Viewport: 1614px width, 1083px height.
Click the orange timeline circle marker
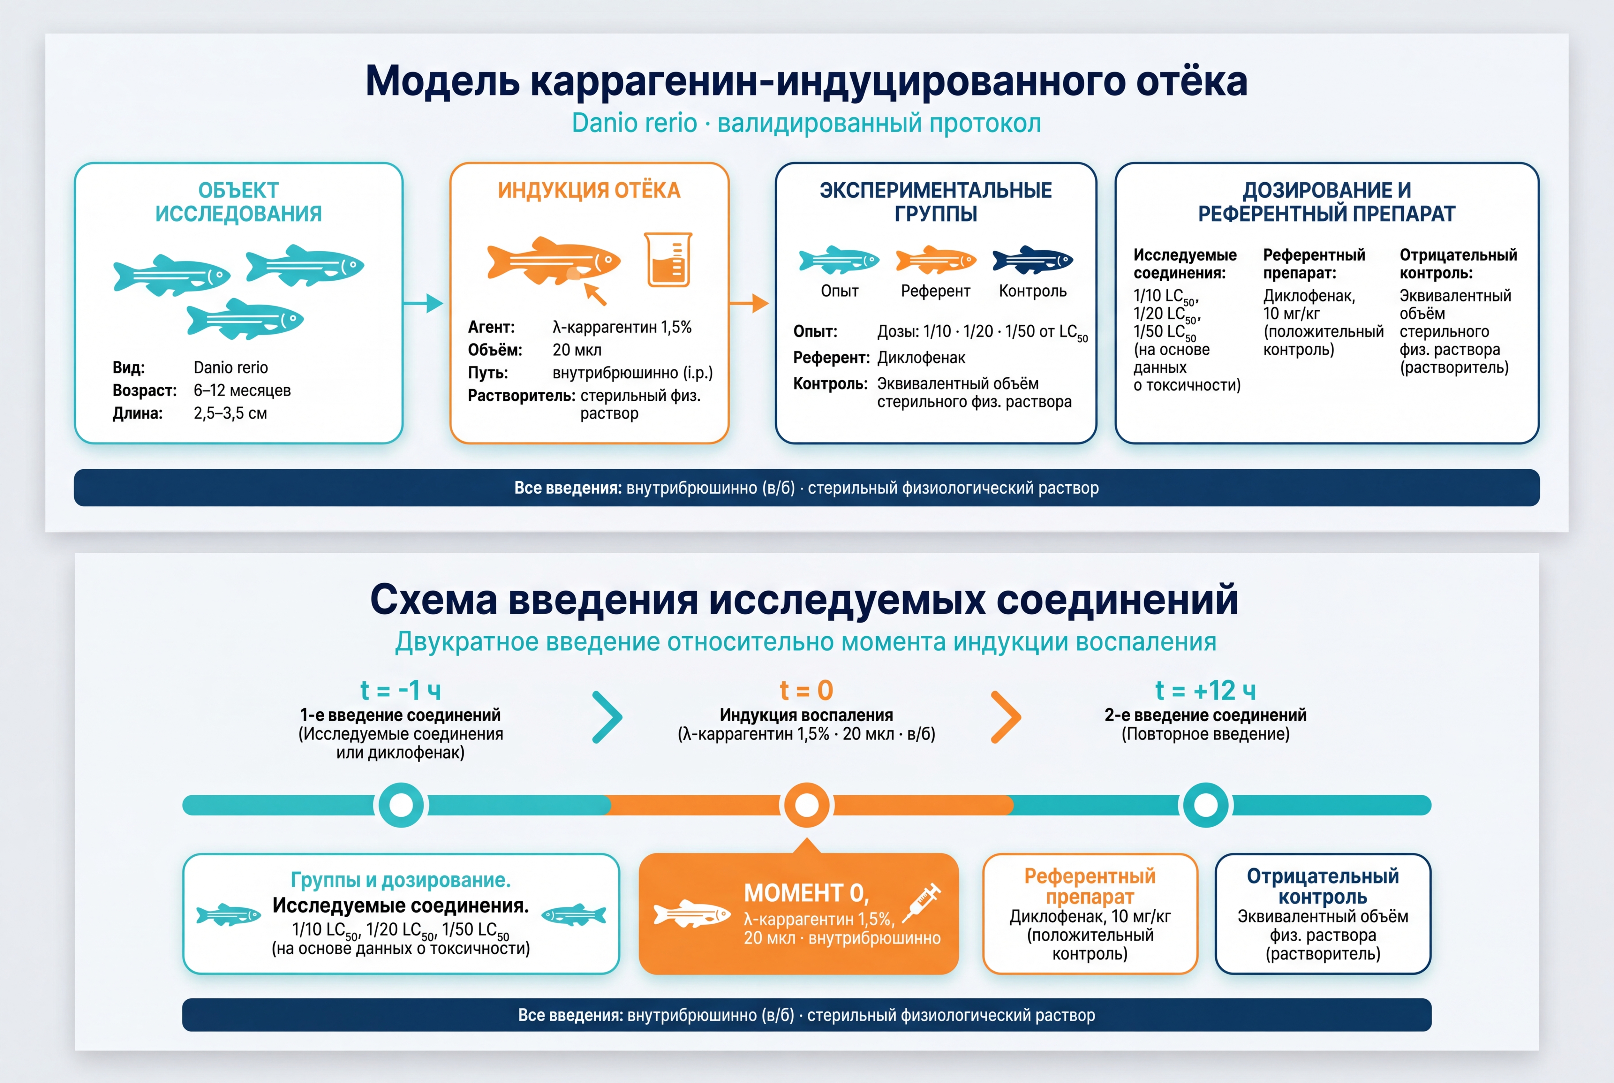(807, 805)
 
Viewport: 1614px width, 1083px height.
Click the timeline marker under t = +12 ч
(1206, 805)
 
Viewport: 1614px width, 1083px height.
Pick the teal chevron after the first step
(608, 717)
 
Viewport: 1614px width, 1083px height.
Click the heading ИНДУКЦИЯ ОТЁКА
(589, 190)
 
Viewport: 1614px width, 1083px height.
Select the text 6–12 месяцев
(242, 390)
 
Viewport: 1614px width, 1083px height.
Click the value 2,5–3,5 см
(230, 413)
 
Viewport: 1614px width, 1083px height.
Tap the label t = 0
(807, 690)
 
